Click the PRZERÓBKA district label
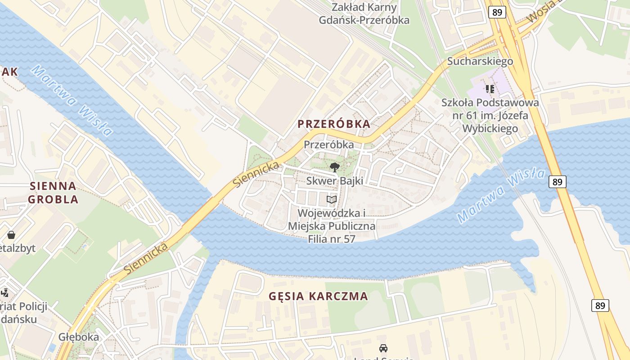coord(334,124)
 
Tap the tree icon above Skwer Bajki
coord(334,168)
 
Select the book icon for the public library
coord(332,199)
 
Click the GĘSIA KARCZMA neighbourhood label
coord(318,296)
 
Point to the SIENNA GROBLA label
coord(54,192)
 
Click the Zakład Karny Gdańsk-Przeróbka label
coord(364,13)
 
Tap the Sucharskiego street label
coord(480,61)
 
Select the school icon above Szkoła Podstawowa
coord(490,89)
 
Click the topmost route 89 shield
coord(497,12)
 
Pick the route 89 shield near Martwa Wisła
coord(557,182)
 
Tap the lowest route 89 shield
coord(600,306)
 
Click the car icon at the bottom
coord(383,348)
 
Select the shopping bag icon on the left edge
coord(11,235)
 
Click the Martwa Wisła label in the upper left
coord(72,101)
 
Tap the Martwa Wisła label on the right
coord(500,195)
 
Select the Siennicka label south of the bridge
coord(146,258)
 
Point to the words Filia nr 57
coord(332,238)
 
